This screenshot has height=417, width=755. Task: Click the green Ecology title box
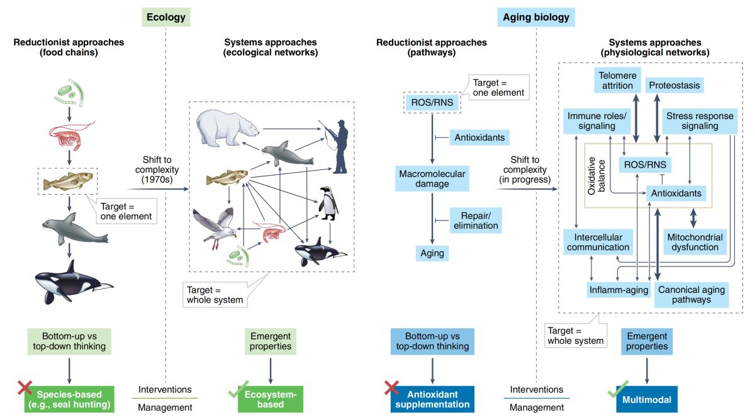[x=166, y=17]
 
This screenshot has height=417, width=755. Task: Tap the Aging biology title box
[x=536, y=17]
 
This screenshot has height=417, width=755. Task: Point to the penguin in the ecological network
[x=327, y=203]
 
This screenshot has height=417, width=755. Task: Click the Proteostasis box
[x=674, y=84]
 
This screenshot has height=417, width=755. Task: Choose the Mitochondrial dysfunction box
[x=694, y=242]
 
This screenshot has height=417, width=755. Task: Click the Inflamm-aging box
[x=613, y=290]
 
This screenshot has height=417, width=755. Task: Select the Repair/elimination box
[x=476, y=220]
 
